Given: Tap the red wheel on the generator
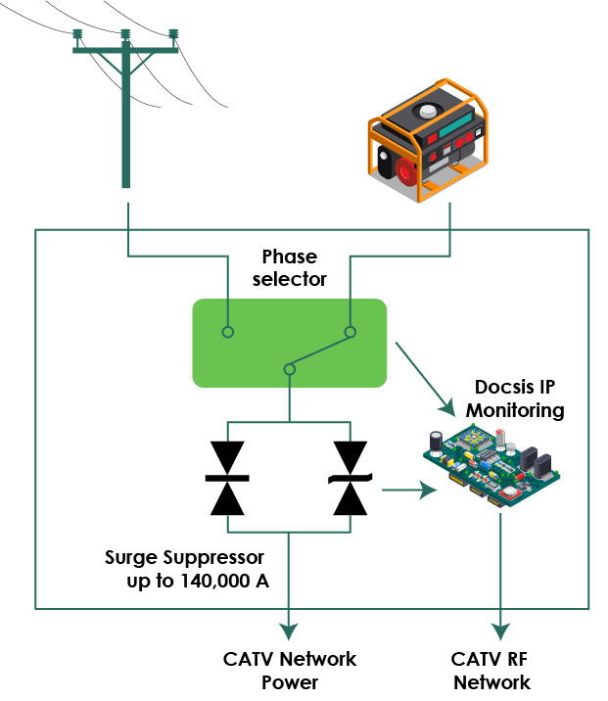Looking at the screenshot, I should click(x=404, y=171).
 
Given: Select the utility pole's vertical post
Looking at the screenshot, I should click(x=125, y=117).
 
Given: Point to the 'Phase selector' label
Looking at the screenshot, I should click(x=289, y=268).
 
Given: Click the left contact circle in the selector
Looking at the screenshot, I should click(x=227, y=332).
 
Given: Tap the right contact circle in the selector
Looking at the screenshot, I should click(x=351, y=332).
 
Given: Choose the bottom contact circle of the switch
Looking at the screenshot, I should click(x=289, y=369).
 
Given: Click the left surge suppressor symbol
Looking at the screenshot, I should click(x=227, y=478).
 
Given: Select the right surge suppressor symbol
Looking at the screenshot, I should click(x=351, y=478).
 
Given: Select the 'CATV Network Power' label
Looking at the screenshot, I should click(x=289, y=670).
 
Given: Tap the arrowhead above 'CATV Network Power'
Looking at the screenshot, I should click(x=289, y=628).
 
